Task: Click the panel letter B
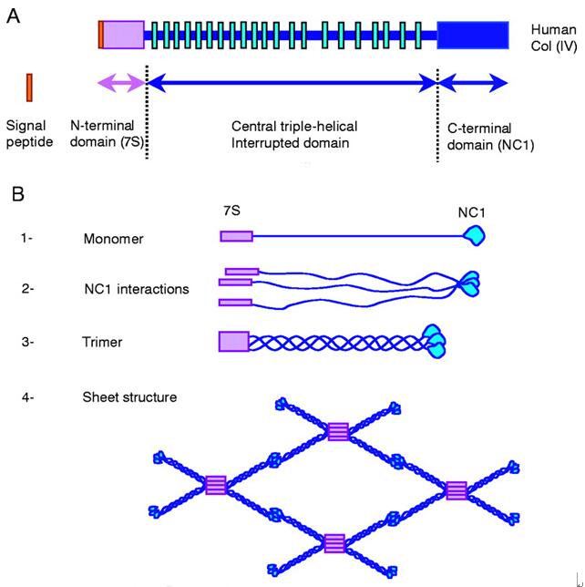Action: (x=15, y=194)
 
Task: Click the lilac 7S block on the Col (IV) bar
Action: (x=123, y=34)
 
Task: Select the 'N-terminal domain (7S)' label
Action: (x=107, y=134)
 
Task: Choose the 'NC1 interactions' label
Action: (x=135, y=290)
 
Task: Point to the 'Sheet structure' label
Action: (x=128, y=396)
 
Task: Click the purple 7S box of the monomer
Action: (x=235, y=236)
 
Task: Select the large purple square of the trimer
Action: (x=233, y=342)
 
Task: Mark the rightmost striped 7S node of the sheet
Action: (x=457, y=489)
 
